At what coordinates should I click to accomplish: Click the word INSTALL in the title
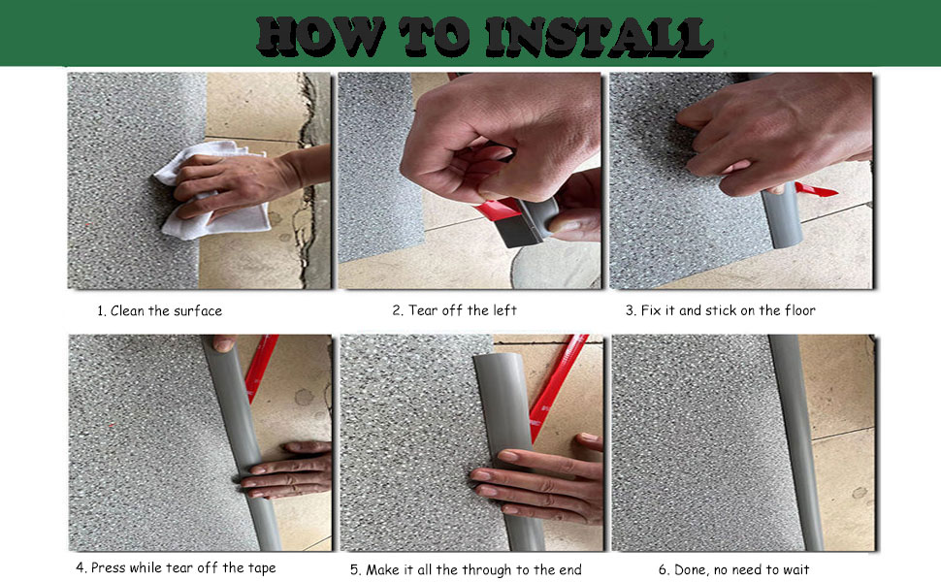pos(600,36)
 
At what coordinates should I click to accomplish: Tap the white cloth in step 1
pos(213,192)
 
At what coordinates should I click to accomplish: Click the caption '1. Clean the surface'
pos(160,310)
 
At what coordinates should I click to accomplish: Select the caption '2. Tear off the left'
pos(454,310)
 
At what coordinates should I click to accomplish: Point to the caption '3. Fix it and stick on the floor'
pos(720,310)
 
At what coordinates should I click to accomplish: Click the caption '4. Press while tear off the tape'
pos(176,567)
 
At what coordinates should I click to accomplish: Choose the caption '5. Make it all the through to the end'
pos(466,569)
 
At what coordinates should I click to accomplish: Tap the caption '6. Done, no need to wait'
pos(733,569)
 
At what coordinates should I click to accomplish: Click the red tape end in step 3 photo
pos(816,190)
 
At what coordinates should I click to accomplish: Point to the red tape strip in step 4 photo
pos(261,368)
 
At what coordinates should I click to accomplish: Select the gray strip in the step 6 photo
pos(796,442)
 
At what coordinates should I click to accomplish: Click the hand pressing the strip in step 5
pos(537,477)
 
